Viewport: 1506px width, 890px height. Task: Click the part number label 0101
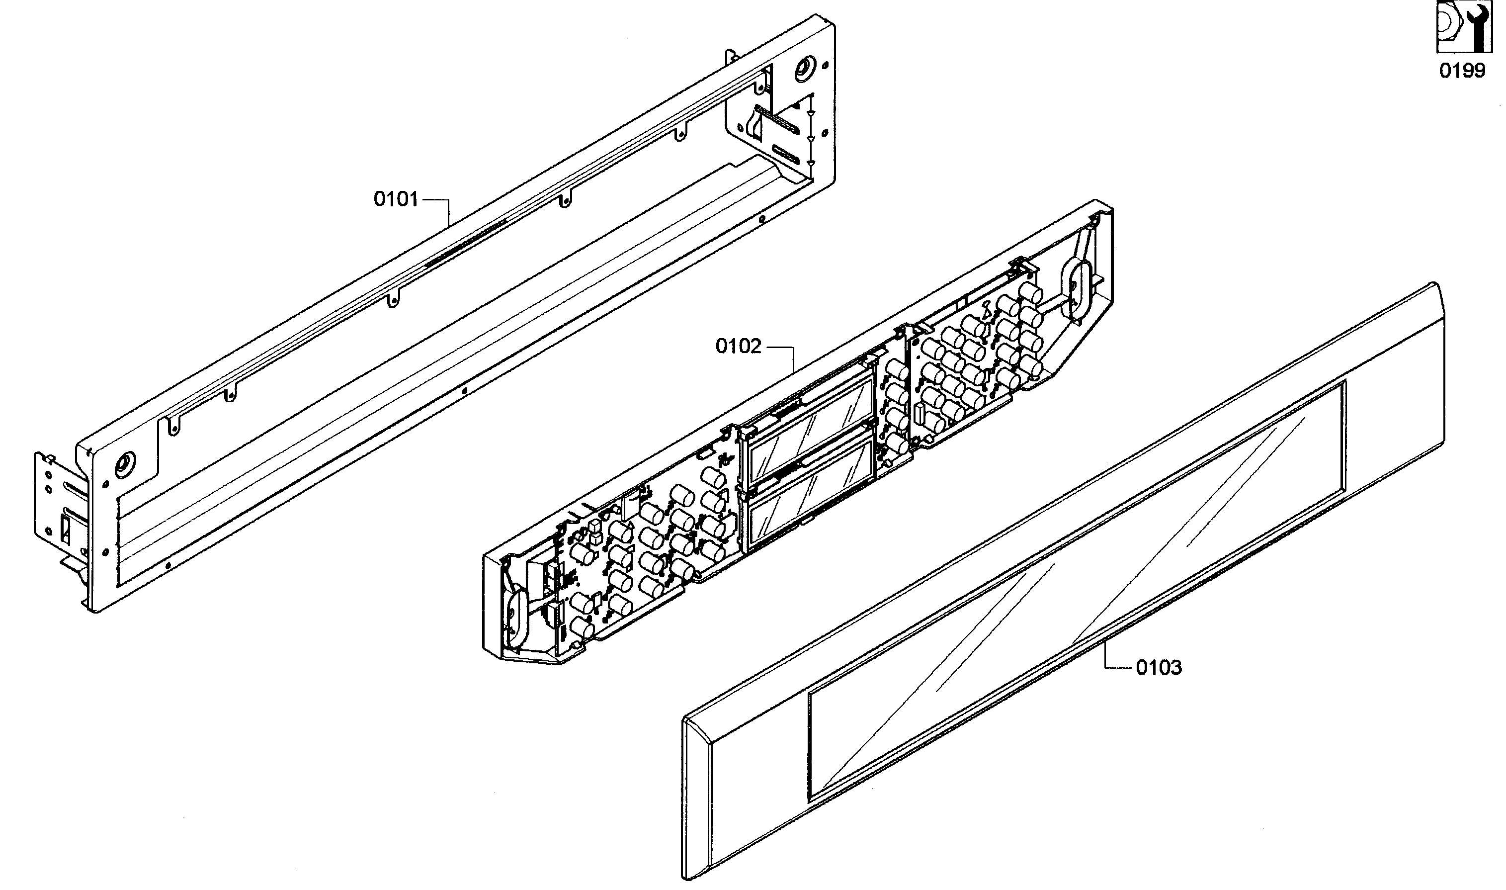[396, 198]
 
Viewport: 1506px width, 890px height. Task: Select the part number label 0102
[738, 346]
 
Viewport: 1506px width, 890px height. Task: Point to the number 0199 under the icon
[1462, 71]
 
